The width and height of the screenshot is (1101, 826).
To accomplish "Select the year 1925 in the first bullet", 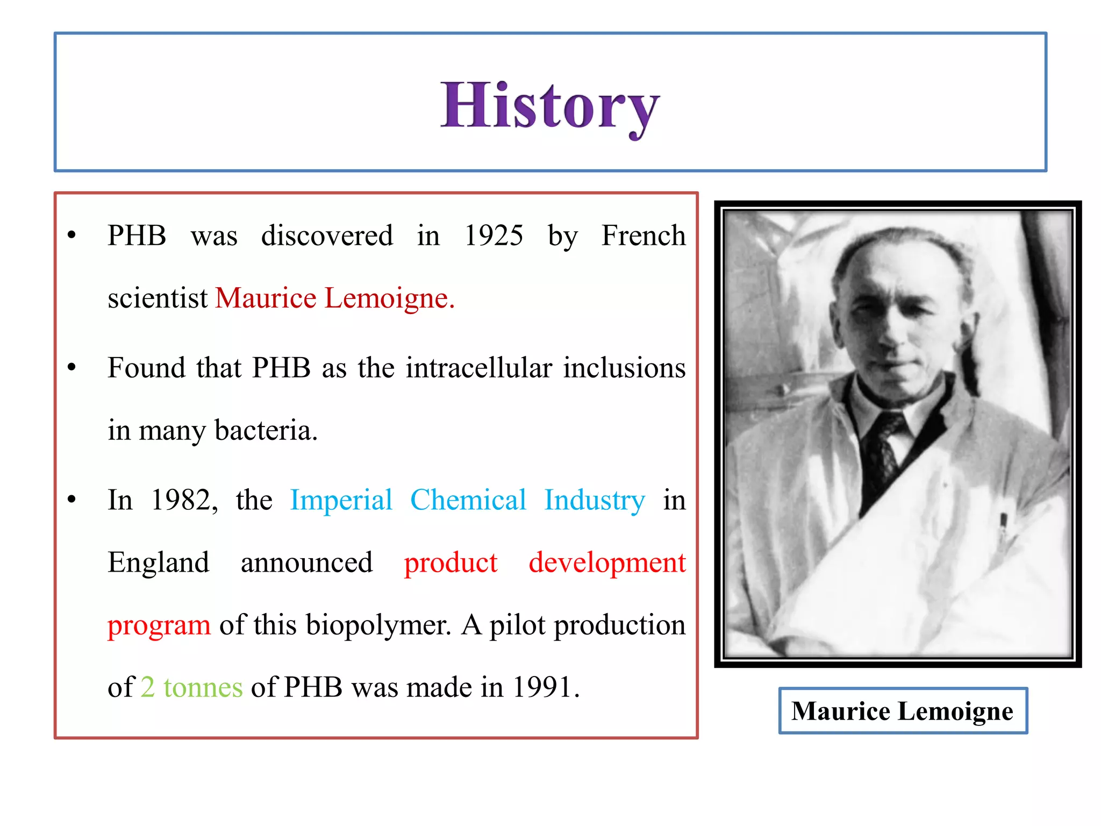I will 494,236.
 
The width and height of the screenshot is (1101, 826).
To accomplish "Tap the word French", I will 644,236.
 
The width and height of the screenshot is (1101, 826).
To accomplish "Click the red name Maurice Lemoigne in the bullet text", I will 334,298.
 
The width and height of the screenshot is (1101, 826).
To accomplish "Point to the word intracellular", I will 479,368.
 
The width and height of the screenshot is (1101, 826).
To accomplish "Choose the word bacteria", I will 266,431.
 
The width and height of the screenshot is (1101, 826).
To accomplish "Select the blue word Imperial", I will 341,501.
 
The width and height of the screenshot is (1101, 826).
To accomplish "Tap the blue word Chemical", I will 468,501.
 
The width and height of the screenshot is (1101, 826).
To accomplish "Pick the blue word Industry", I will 595,501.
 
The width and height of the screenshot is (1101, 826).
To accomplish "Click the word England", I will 159,563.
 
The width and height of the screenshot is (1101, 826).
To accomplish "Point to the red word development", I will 607,563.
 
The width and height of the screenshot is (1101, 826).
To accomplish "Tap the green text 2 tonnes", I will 192,688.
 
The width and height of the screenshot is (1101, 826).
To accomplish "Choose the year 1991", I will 545,688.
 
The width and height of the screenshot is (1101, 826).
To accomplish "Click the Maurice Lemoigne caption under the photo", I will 903,711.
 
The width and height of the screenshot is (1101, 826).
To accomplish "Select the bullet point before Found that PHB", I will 72,368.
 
